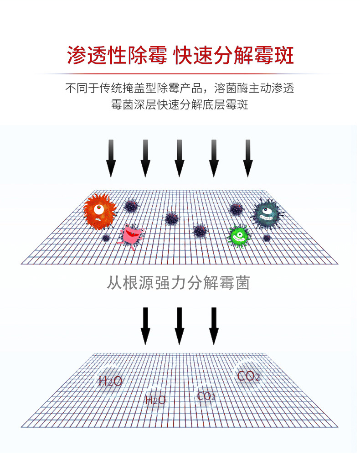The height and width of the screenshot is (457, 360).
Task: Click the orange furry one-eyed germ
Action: click(x=100, y=211)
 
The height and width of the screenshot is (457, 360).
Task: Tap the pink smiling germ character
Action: click(x=131, y=236)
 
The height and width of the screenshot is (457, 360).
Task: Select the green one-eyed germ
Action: click(x=239, y=236)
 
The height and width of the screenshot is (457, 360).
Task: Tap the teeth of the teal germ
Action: click(x=267, y=218)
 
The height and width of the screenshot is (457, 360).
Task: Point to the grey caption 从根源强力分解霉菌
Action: click(x=178, y=283)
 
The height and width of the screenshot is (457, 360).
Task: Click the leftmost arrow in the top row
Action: click(x=111, y=158)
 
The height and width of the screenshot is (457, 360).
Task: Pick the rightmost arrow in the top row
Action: click(x=248, y=158)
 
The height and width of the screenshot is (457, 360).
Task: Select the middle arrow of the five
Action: click(x=180, y=158)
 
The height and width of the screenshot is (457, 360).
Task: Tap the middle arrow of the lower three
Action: click(x=180, y=326)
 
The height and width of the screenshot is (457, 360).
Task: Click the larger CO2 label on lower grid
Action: click(x=248, y=376)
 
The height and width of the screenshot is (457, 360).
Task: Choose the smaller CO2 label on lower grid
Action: click(x=206, y=396)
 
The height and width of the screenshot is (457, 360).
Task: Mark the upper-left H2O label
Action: click(x=110, y=381)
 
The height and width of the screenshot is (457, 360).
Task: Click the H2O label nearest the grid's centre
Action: click(x=155, y=400)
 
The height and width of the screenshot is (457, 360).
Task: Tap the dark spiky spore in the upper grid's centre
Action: click(x=172, y=218)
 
